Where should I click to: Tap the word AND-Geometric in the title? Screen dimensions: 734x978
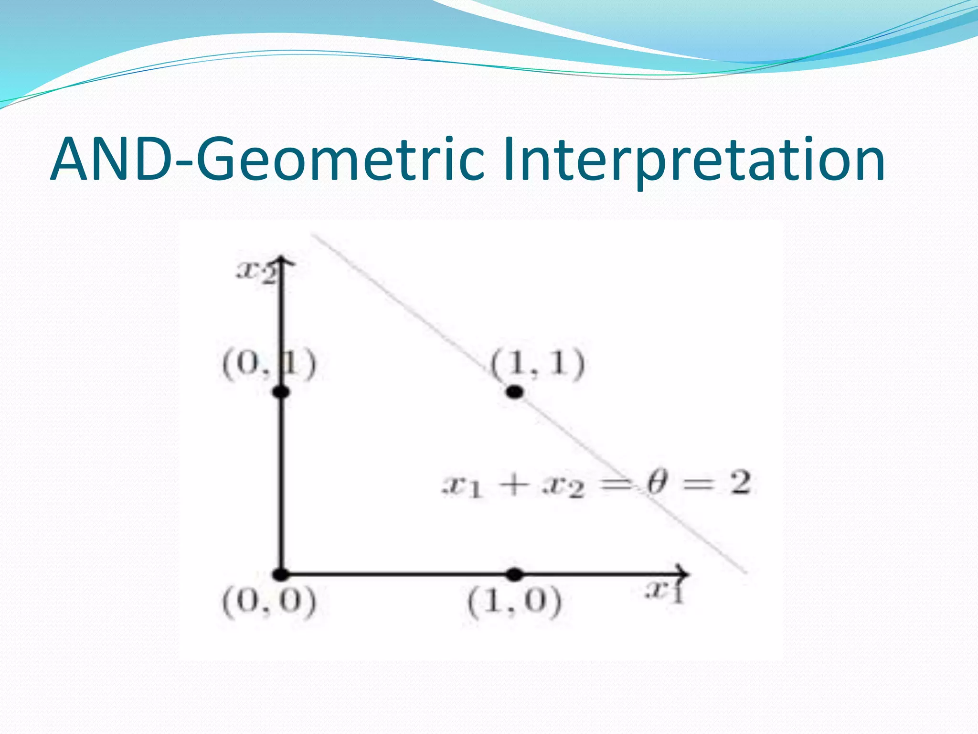tap(267, 160)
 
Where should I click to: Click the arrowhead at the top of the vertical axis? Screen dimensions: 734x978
tap(282, 261)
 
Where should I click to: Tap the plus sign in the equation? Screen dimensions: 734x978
tap(514, 486)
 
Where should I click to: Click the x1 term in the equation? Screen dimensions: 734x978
tap(461, 487)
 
